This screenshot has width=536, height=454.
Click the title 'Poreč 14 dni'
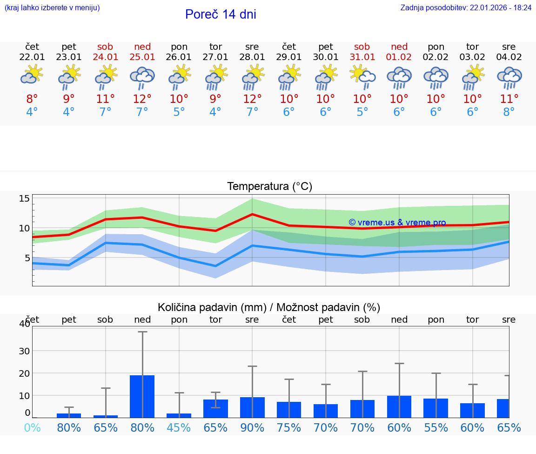[221, 14]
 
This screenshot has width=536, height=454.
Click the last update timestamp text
[466, 8]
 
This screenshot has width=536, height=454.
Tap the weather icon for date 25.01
[142, 77]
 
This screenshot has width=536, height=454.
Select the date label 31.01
[362, 57]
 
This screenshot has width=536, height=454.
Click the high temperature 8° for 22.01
[32, 99]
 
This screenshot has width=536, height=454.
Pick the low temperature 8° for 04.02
[509, 112]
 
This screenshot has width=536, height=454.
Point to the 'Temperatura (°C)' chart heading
[269, 187]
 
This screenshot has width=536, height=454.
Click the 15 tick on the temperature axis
[24, 199]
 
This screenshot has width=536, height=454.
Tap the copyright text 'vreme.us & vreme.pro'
[397, 223]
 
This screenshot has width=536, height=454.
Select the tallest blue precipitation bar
[142, 396]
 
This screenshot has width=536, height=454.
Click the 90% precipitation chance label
[252, 427]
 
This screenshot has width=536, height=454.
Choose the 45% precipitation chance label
[179, 427]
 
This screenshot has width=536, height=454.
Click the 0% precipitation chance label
[32, 427]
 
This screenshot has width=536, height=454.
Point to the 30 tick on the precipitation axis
[24, 351]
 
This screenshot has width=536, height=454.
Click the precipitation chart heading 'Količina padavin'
[212, 307]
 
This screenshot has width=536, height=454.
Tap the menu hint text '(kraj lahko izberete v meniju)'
[52, 8]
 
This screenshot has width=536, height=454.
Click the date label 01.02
[399, 57]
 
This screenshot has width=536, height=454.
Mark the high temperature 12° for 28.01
[252, 99]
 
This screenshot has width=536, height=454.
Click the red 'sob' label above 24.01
[105, 47]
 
